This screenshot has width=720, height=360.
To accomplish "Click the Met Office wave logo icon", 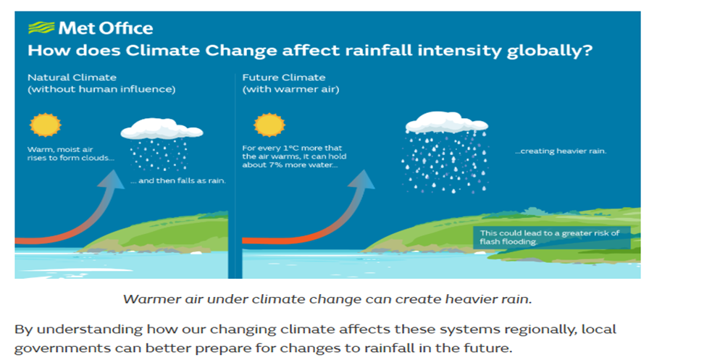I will click(41, 28).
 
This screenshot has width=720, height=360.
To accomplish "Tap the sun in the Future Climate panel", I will click(269, 124).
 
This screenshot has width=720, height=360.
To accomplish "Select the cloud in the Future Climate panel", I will click(446, 121).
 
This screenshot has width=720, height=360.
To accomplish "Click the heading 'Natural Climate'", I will click(72, 77).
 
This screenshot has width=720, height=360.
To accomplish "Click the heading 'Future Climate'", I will click(283, 77).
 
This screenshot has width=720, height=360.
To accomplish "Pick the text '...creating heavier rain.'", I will click(560, 151).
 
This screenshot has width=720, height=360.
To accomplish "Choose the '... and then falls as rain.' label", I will click(177, 180).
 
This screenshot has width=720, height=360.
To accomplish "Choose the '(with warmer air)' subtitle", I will click(290, 89).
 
